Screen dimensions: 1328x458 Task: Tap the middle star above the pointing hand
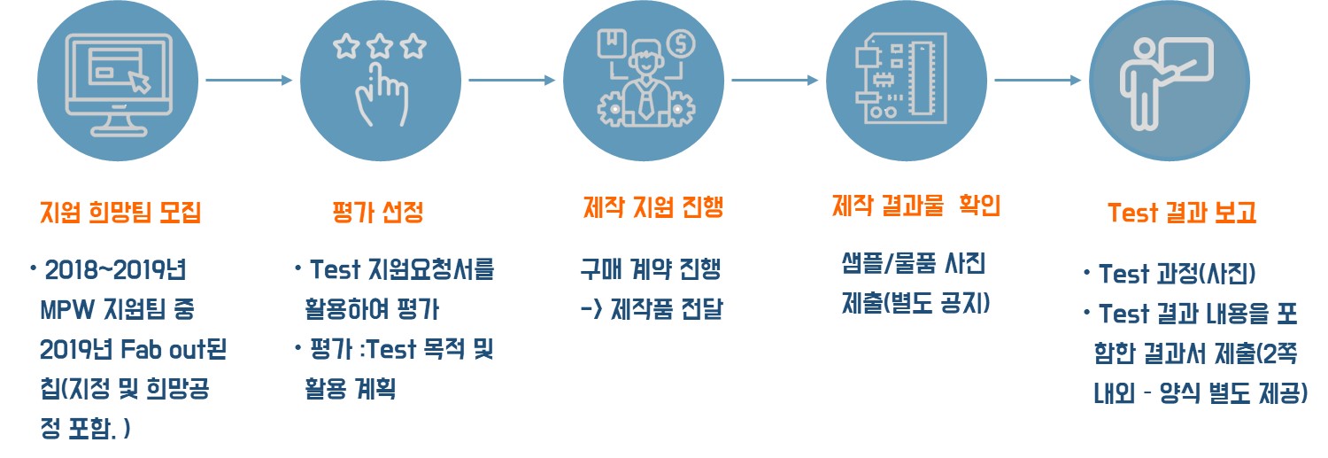pos(380,46)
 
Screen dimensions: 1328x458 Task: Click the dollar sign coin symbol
pos(681,43)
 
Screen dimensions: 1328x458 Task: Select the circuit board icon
pos(901,78)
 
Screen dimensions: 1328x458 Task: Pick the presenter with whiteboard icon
pos(1166,83)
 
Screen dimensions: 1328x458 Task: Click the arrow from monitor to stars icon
pos(249,80)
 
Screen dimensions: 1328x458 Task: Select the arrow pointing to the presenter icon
pos(1038,80)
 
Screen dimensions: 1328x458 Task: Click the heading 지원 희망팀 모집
pos(120,213)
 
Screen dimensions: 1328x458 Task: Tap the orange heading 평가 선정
pos(378,212)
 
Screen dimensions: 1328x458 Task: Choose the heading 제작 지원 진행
pos(652,207)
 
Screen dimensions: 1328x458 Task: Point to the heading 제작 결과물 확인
pos(916,206)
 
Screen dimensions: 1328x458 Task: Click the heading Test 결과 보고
pos(1182,213)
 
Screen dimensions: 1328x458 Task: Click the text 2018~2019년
pos(116,270)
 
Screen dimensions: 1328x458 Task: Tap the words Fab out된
pos(174,349)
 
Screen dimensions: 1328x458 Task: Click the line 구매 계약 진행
pos(651,268)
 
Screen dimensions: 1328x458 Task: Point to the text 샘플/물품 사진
pos(914,263)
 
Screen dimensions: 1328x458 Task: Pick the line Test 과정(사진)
pos(1177,274)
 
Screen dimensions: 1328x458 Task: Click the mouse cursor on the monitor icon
pos(140,82)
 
